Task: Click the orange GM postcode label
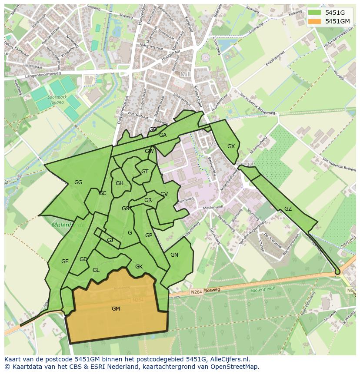click(116, 309)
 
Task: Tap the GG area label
click(78, 182)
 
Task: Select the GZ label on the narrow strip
click(288, 209)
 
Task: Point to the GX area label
click(231, 146)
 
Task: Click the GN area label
click(174, 255)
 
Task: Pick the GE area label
click(65, 261)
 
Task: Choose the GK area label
click(139, 267)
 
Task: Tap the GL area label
click(96, 270)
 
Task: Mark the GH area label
click(120, 183)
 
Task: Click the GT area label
click(145, 172)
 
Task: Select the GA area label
click(163, 135)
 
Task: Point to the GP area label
click(149, 235)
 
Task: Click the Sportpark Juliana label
click(57, 100)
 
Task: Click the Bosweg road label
click(212, 290)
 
